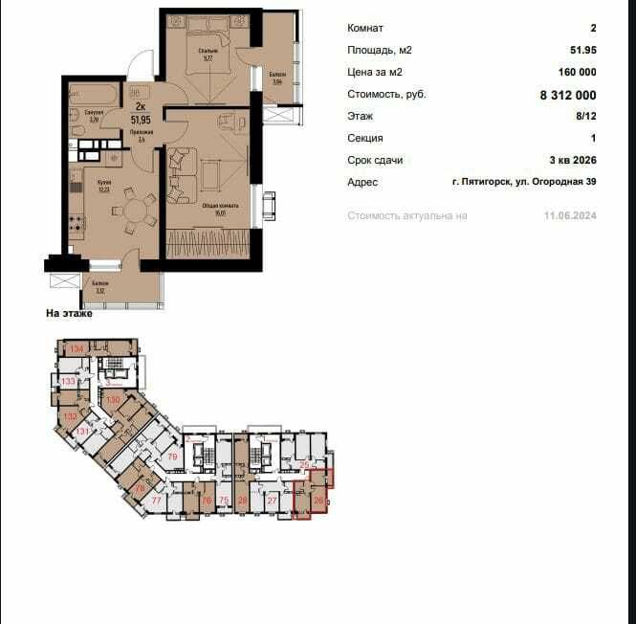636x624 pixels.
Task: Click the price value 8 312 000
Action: (x=568, y=95)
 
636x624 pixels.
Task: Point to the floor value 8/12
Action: (x=585, y=117)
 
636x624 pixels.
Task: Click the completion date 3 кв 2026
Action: (x=572, y=160)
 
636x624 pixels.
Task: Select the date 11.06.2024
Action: (x=571, y=216)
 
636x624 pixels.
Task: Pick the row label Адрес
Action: (x=362, y=182)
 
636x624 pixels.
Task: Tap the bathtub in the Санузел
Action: (x=93, y=95)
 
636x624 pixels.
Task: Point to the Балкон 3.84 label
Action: (x=276, y=78)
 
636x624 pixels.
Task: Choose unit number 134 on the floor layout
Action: (x=77, y=350)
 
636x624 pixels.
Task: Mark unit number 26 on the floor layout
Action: (x=318, y=500)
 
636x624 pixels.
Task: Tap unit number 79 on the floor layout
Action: (x=173, y=457)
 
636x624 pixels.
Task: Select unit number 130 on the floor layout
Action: (x=113, y=399)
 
